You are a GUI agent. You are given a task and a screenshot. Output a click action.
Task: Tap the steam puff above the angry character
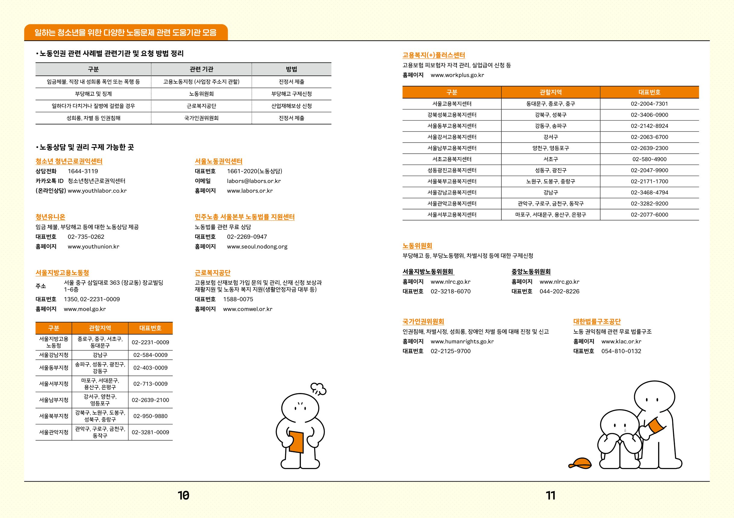click(319, 388)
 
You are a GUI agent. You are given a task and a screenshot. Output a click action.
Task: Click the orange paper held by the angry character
click(296, 442)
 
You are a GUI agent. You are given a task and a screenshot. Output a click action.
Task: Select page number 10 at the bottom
click(183, 495)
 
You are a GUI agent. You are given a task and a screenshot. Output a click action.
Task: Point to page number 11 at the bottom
click(551, 495)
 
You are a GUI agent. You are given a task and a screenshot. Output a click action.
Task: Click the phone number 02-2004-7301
click(649, 104)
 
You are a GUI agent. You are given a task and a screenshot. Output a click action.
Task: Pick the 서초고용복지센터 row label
click(452, 159)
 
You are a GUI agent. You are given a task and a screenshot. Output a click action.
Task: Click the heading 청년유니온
click(50, 217)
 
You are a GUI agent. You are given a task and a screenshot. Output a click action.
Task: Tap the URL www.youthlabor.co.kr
click(97, 191)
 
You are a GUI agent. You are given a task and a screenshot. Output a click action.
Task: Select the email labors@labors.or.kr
click(254, 181)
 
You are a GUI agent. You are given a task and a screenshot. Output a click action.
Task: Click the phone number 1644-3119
click(83, 171)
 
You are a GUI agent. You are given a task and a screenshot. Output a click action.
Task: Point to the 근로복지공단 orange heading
click(213, 273)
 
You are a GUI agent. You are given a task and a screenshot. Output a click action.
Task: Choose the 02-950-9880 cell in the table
click(150, 416)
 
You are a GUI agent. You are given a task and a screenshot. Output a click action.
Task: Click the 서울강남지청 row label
click(54, 355)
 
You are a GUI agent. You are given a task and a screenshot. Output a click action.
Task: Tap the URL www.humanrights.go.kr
click(462, 342)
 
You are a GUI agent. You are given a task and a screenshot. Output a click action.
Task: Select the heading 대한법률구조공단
click(597, 322)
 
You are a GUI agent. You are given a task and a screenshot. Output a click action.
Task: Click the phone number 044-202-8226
click(559, 292)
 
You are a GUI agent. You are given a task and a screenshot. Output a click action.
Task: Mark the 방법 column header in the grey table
click(291, 69)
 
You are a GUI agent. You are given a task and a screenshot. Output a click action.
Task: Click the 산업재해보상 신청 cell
click(291, 106)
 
